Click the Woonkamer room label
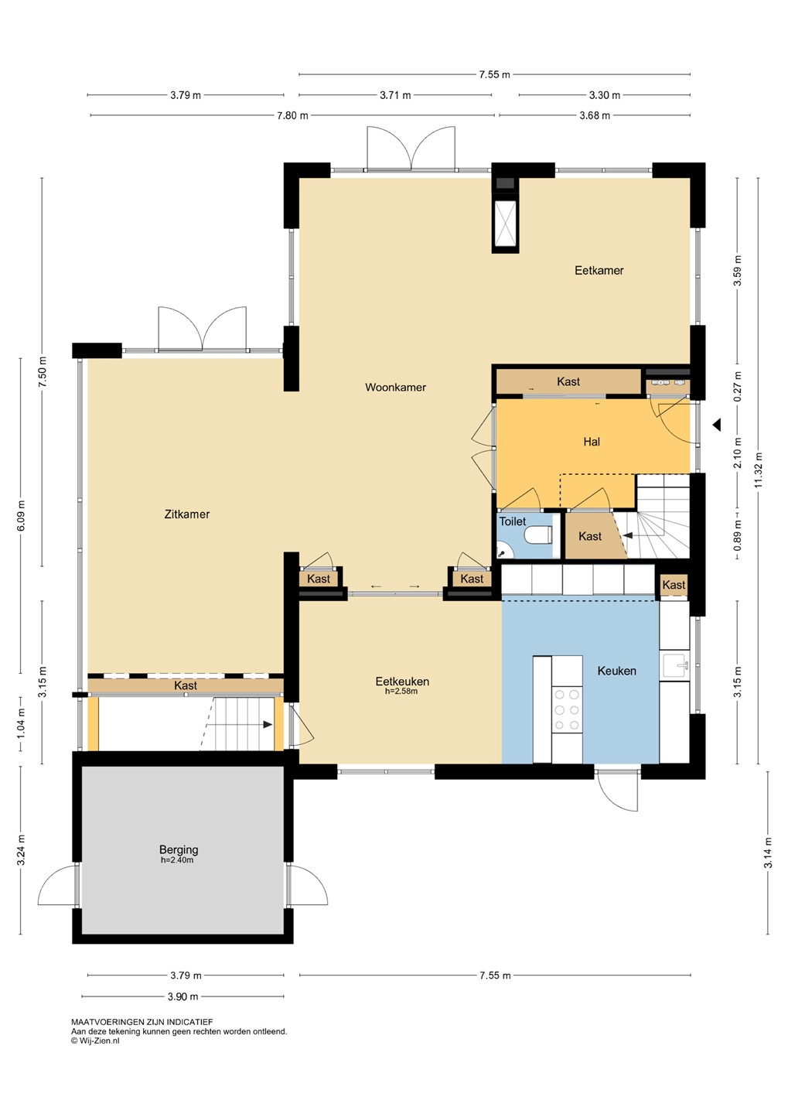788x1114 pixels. pyautogui.click(x=395, y=388)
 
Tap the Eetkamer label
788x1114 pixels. pyautogui.click(x=599, y=271)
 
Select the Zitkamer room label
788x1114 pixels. pyautogui.click(x=187, y=514)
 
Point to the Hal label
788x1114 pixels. pyautogui.click(x=592, y=442)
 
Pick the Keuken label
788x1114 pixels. pyautogui.click(x=616, y=671)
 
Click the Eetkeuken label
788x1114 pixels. pyautogui.click(x=402, y=682)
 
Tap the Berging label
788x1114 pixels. pyautogui.click(x=179, y=849)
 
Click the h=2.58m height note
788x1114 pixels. pyautogui.click(x=401, y=691)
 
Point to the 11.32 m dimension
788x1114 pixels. pyautogui.click(x=758, y=470)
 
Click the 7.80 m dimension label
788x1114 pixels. pyautogui.click(x=292, y=116)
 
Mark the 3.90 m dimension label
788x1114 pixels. pyautogui.click(x=183, y=996)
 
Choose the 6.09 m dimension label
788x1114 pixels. pyautogui.click(x=21, y=515)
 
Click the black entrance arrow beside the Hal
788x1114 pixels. pyautogui.click(x=716, y=425)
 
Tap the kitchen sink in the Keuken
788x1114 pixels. pyautogui.click(x=674, y=666)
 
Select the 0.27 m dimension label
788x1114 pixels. pyautogui.click(x=737, y=387)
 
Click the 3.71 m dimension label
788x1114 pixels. pyautogui.click(x=395, y=95)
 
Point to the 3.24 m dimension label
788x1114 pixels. pyautogui.click(x=21, y=849)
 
